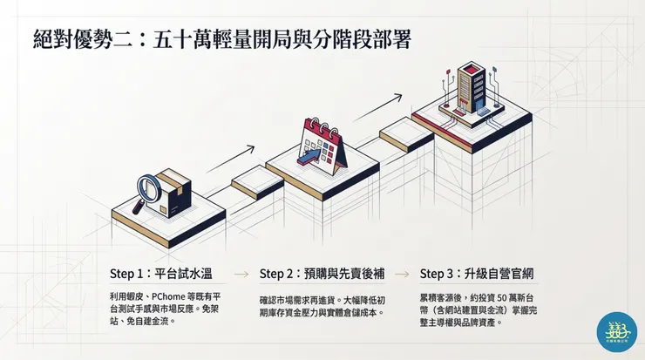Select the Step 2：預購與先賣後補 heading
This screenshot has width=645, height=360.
[x=322, y=273]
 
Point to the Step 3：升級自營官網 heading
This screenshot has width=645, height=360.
[x=477, y=273]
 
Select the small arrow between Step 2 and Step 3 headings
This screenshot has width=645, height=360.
[x=402, y=274]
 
